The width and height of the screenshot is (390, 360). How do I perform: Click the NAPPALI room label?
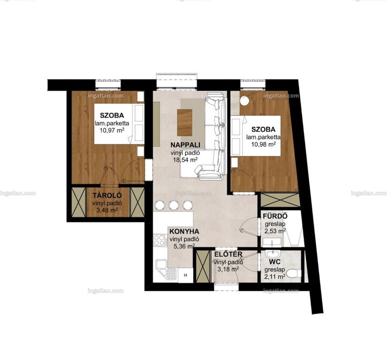point(185,145)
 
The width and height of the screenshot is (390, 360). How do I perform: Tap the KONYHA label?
point(184,232)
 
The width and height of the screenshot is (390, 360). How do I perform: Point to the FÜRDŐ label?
point(275,216)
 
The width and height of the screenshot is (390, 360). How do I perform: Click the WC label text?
point(274,261)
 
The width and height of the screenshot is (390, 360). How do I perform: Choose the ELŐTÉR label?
point(228,255)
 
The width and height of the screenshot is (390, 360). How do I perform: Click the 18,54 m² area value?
point(185,160)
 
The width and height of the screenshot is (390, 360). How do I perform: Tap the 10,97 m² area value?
point(112,130)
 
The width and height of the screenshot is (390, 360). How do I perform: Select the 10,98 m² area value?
point(263,144)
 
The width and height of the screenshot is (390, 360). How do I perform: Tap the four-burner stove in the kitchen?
point(160,240)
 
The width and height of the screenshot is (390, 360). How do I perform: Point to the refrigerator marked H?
point(185,275)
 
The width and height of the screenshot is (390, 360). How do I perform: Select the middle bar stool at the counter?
point(174,205)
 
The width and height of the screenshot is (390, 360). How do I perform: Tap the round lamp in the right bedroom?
point(245,100)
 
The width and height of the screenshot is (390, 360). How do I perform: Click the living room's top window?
point(176,81)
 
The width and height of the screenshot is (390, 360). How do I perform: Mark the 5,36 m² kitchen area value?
point(184,247)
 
